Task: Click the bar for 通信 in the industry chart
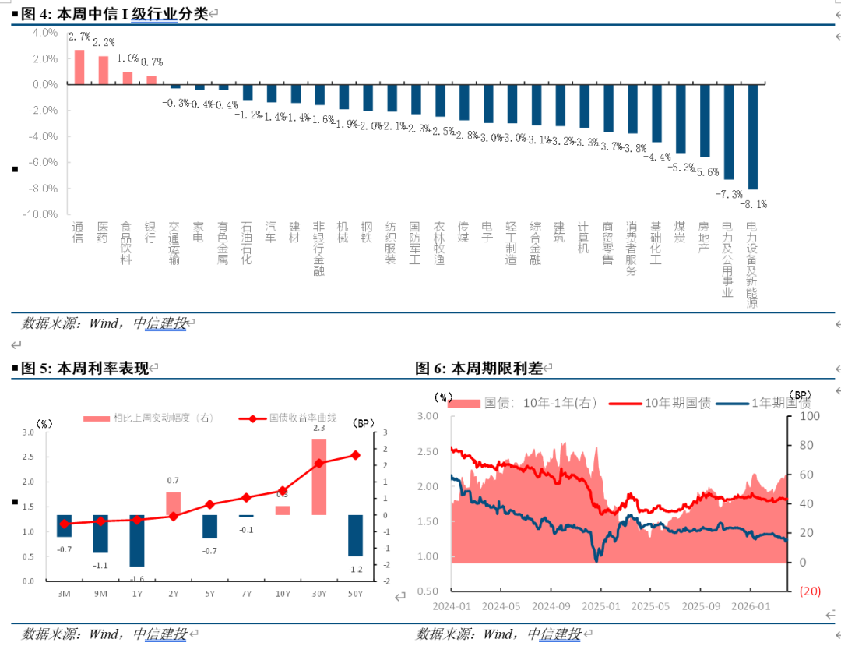point(79,67)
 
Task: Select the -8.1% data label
point(753,204)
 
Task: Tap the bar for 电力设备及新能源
point(753,136)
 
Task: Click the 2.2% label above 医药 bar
point(104,42)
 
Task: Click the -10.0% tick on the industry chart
point(44,214)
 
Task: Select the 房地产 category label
point(704,237)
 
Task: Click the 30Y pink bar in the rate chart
point(318,477)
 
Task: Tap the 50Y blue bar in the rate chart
point(355,535)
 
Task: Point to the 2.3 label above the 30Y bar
point(318,428)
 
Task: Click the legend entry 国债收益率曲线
point(303,418)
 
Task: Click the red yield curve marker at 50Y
point(355,455)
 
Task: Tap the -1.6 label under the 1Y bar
point(137,578)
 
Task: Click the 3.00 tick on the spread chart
point(428,416)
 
